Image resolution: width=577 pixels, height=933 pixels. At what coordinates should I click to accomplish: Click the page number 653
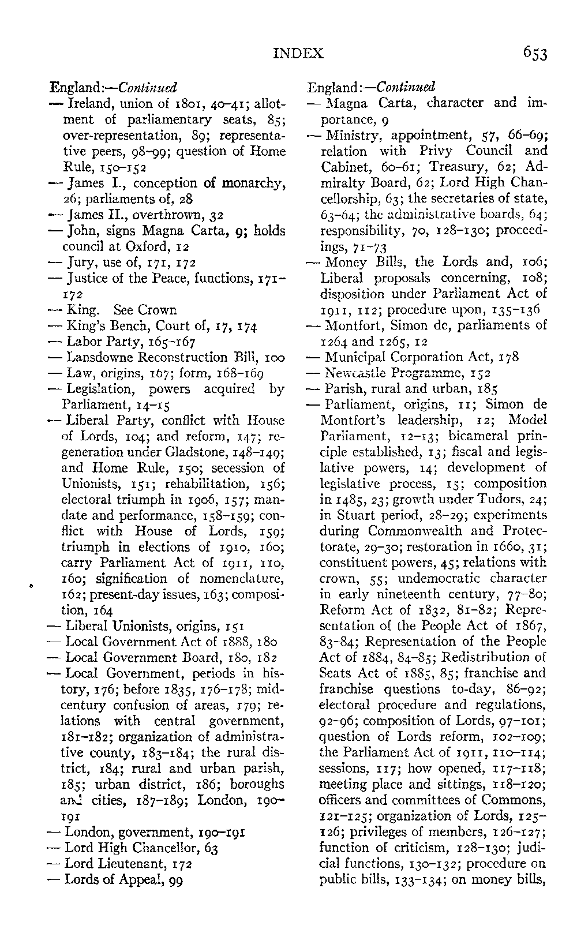(535, 54)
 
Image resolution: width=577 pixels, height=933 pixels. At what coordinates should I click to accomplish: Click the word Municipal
(353, 357)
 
